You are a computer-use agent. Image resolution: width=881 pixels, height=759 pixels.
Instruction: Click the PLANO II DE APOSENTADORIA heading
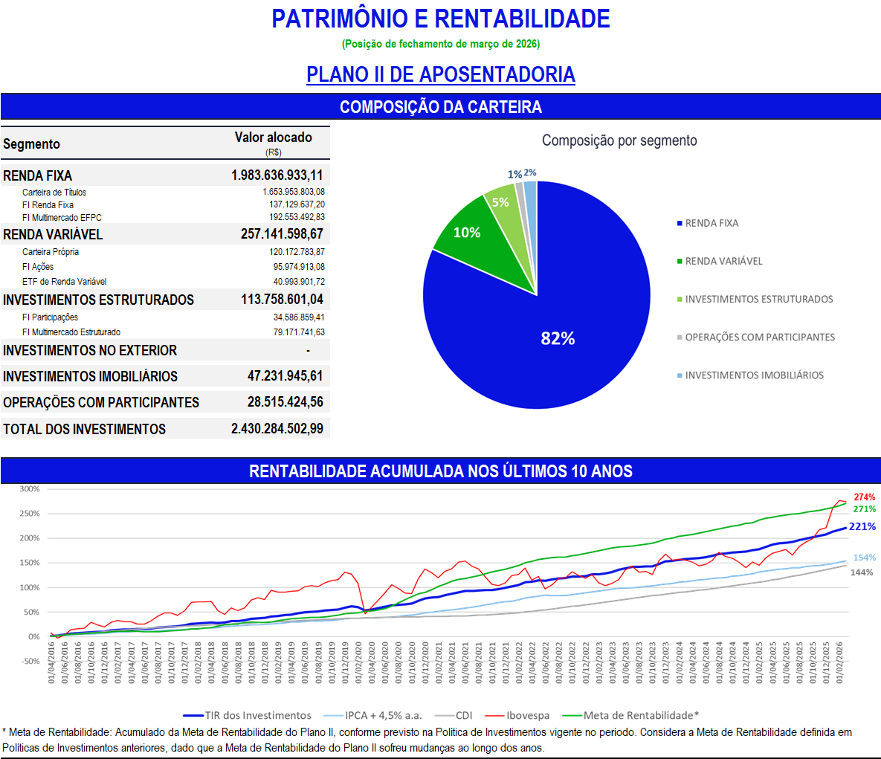(x=441, y=74)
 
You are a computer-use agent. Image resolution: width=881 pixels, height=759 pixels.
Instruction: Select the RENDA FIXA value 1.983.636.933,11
(x=277, y=175)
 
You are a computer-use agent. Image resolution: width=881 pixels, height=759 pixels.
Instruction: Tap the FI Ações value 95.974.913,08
(x=299, y=267)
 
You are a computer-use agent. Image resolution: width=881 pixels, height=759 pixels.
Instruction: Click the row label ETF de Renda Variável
(x=64, y=282)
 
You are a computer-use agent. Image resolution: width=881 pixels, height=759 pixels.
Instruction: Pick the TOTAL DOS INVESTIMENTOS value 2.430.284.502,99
(x=277, y=429)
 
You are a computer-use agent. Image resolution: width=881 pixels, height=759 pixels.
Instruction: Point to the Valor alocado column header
(x=273, y=138)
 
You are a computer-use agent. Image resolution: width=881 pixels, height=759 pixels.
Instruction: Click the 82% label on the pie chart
(x=558, y=339)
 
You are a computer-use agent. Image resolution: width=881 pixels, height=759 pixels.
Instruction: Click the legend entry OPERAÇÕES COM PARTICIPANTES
(x=760, y=337)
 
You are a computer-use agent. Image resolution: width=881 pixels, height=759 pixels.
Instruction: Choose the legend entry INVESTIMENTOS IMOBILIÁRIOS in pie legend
(x=754, y=375)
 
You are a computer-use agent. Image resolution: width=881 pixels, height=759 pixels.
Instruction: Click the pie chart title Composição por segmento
(x=619, y=141)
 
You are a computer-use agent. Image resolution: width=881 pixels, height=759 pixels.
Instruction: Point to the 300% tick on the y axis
(x=30, y=489)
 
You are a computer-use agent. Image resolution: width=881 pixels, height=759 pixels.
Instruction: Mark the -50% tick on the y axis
(x=30, y=661)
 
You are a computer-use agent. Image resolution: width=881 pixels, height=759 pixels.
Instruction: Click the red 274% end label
(x=865, y=497)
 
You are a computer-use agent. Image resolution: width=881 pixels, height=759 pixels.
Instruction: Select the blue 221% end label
(x=862, y=526)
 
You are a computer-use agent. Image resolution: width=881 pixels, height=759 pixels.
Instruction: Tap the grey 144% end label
(x=862, y=572)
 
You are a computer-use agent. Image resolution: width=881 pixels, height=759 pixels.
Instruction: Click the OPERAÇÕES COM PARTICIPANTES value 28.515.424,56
(x=285, y=402)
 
